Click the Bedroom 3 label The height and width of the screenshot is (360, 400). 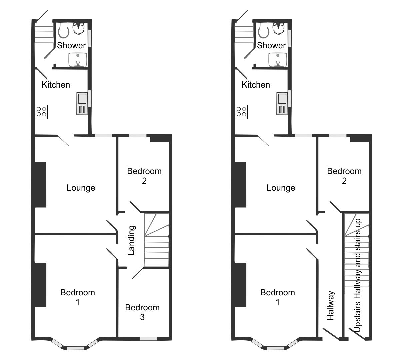142,312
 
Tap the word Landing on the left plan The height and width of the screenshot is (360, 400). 131,240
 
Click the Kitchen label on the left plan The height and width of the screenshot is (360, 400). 56,85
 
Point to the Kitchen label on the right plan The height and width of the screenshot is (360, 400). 256,85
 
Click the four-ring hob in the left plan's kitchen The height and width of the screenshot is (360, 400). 41,112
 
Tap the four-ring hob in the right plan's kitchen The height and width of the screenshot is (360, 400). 241,112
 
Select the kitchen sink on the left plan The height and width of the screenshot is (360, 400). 82,104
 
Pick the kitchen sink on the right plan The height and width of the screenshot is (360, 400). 282,104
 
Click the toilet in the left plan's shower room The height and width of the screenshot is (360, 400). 64,30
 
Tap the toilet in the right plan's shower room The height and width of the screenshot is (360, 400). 264,30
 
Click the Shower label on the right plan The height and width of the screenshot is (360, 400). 271,45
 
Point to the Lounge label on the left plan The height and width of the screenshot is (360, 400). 81,188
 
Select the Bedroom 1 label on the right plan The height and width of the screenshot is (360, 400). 278,297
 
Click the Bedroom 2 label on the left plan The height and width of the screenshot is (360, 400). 144,176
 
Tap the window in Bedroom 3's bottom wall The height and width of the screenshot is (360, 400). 148,339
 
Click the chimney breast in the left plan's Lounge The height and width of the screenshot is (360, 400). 40,185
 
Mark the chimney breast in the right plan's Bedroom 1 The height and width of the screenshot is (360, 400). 240,285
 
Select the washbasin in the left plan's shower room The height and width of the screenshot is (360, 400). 78,60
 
